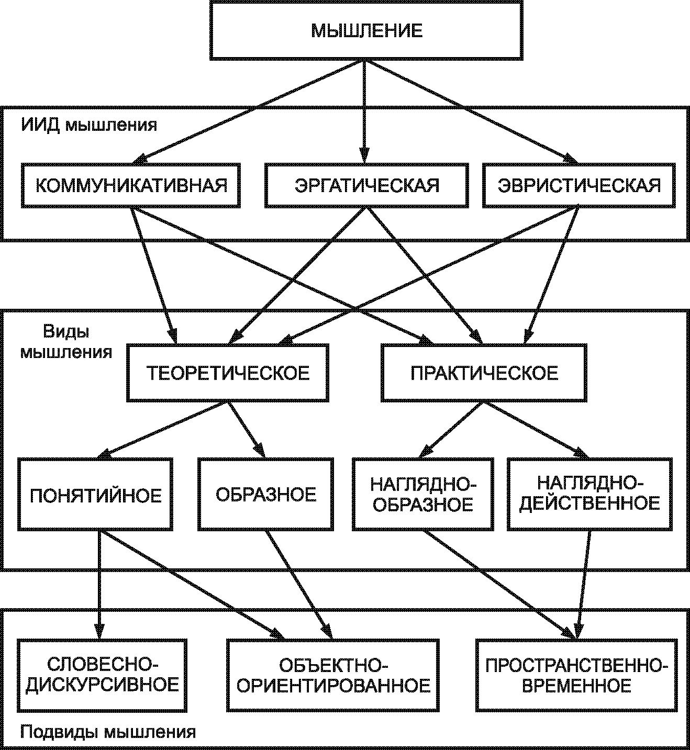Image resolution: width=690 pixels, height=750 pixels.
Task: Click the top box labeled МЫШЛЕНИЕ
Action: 366,30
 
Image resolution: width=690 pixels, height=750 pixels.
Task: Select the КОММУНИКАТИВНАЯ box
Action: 131,185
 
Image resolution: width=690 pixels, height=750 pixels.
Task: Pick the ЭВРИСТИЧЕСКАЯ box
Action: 578,185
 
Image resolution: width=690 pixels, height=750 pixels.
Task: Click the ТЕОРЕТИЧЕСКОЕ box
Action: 228,373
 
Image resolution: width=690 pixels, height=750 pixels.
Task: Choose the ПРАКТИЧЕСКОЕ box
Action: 484,373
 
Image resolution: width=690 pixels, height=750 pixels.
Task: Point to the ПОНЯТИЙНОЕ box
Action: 95,495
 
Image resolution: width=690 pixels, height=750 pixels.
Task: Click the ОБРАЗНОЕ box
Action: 266,495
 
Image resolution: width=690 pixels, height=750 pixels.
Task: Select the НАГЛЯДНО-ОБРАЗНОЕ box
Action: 422,495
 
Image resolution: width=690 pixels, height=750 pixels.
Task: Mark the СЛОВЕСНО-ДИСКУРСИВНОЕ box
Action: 102,675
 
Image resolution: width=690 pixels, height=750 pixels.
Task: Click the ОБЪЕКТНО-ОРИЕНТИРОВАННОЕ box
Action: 333,675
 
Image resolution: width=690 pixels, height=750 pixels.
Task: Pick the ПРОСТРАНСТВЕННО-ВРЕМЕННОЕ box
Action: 576,675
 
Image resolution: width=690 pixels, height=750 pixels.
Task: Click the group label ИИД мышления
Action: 89,126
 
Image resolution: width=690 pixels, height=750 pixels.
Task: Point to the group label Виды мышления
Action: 66,341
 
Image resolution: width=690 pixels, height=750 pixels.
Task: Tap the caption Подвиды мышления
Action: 108,732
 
